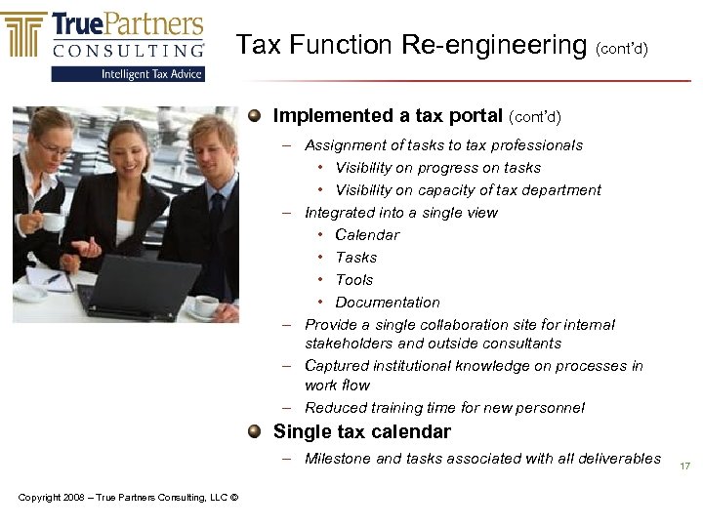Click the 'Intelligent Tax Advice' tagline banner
pyautogui.click(x=152, y=74)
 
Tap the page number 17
pyautogui.click(x=684, y=466)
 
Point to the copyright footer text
pyautogui.click(x=128, y=498)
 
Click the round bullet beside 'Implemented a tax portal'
pyautogui.click(x=254, y=115)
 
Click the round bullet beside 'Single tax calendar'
pyautogui.click(x=254, y=431)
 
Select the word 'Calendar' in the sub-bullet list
pyautogui.click(x=367, y=235)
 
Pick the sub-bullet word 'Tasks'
pyautogui.click(x=355, y=258)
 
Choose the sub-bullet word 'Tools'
pyautogui.click(x=353, y=280)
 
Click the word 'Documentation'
pyautogui.click(x=387, y=303)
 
